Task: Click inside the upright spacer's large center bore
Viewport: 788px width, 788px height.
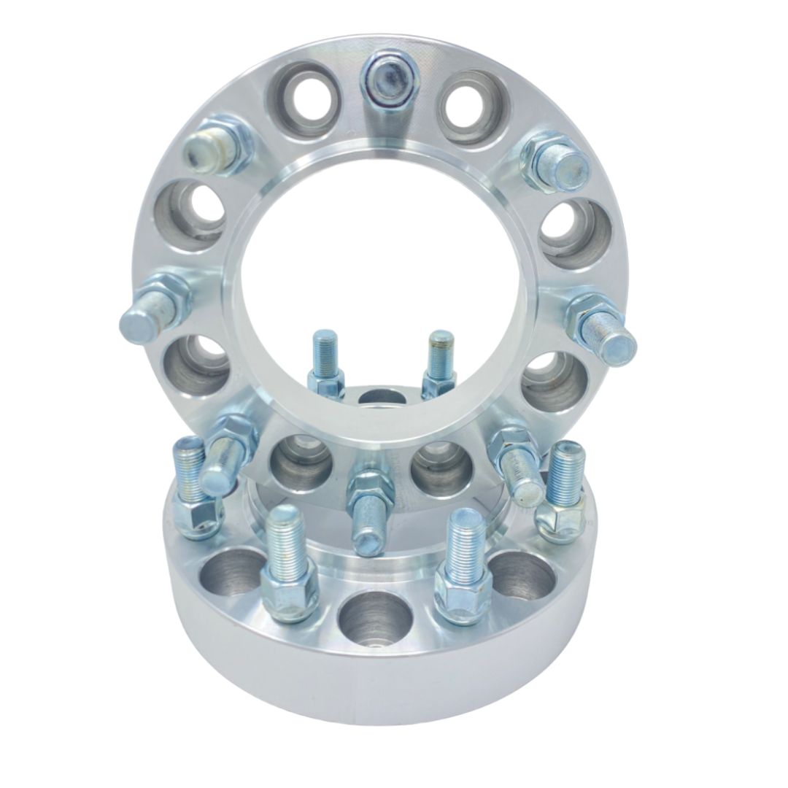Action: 379,263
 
